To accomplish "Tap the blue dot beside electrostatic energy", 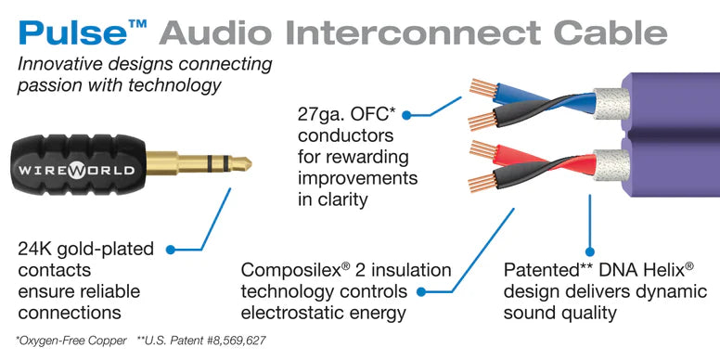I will pyautogui.click(x=421, y=292).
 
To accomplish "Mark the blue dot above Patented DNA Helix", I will pyautogui.click(x=589, y=251).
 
